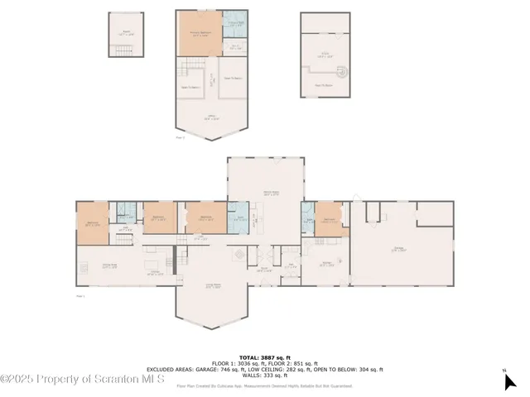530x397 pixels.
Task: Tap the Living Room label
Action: [x=213, y=287]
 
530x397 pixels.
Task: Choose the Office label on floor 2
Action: [x=213, y=118]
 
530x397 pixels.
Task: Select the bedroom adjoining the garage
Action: [x=329, y=222]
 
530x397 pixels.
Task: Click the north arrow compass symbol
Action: [x=508, y=380]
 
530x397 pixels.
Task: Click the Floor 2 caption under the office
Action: [x=181, y=138]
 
